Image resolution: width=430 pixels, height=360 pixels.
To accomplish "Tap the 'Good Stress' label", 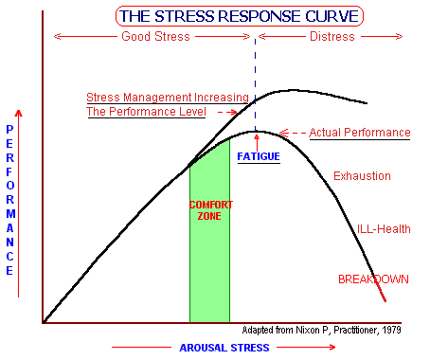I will (x=155, y=37).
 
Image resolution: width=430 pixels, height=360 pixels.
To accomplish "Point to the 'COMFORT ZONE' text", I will (x=209, y=210).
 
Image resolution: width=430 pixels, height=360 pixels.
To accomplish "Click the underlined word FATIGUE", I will (x=258, y=155).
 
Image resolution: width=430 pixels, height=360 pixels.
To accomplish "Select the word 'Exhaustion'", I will (x=363, y=176).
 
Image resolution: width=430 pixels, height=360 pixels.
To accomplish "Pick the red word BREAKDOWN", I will (x=374, y=279).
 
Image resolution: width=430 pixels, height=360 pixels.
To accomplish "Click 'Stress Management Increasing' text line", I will (x=167, y=97).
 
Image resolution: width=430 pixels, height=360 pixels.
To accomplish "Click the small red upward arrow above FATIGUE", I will (x=255, y=141).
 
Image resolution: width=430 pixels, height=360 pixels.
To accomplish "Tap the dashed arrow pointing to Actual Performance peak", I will (x=295, y=133).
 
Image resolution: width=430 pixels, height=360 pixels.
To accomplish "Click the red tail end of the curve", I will (x=382, y=293).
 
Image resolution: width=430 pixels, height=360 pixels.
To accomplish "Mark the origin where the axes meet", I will (x=43, y=324).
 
